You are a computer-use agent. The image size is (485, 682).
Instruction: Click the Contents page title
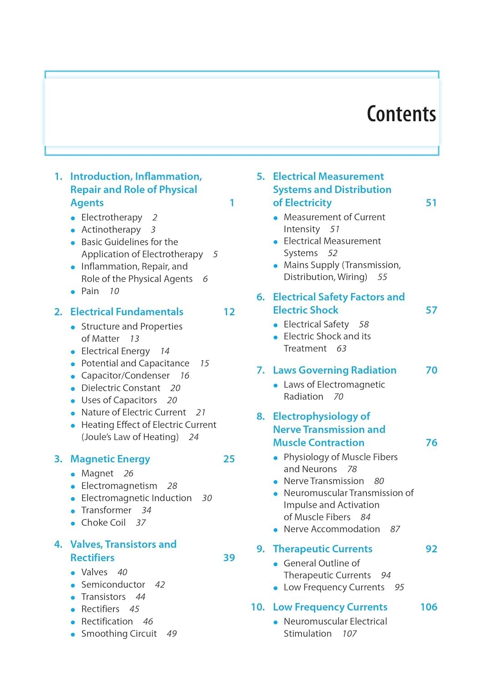pyautogui.click(x=401, y=114)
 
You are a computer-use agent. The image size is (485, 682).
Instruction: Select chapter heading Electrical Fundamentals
pyautogui.click(x=126, y=312)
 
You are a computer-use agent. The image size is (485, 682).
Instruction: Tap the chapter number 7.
pyautogui.click(x=260, y=370)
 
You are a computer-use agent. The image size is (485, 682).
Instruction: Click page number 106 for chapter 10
pyautogui.click(x=428, y=607)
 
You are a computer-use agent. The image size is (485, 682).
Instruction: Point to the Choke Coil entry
pyautogui.click(x=103, y=523)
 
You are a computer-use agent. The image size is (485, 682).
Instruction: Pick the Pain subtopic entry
pyautogui.click(x=90, y=291)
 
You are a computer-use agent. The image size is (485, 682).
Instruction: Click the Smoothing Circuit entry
pyautogui.click(x=119, y=634)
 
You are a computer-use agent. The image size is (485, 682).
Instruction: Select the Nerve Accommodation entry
pyautogui.click(x=332, y=529)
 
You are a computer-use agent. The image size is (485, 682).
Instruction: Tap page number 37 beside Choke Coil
pyautogui.click(x=141, y=523)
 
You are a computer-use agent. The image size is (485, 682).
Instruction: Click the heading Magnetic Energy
pyautogui.click(x=110, y=459)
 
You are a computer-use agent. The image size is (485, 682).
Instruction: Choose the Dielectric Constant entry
pyautogui.click(x=121, y=388)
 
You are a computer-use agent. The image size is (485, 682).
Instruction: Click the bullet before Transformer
pyautogui.click(x=73, y=511)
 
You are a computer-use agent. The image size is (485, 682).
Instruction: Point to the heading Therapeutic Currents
pyautogui.click(x=322, y=549)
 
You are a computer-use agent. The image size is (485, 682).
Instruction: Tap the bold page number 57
pyautogui.click(x=431, y=310)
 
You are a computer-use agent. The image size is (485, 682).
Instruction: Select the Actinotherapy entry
pyautogui.click(x=111, y=230)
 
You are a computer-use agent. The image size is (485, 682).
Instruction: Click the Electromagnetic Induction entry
pyautogui.click(x=136, y=498)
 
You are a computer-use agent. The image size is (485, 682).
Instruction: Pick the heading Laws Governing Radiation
pyautogui.click(x=334, y=371)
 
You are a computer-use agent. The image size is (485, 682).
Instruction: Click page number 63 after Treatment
pyautogui.click(x=341, y=349)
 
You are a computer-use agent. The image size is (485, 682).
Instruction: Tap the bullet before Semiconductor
pyautogui.click(x=73, y=585)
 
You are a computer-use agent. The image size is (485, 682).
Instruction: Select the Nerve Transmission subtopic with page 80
pyautogui.click(x=323, y=481)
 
